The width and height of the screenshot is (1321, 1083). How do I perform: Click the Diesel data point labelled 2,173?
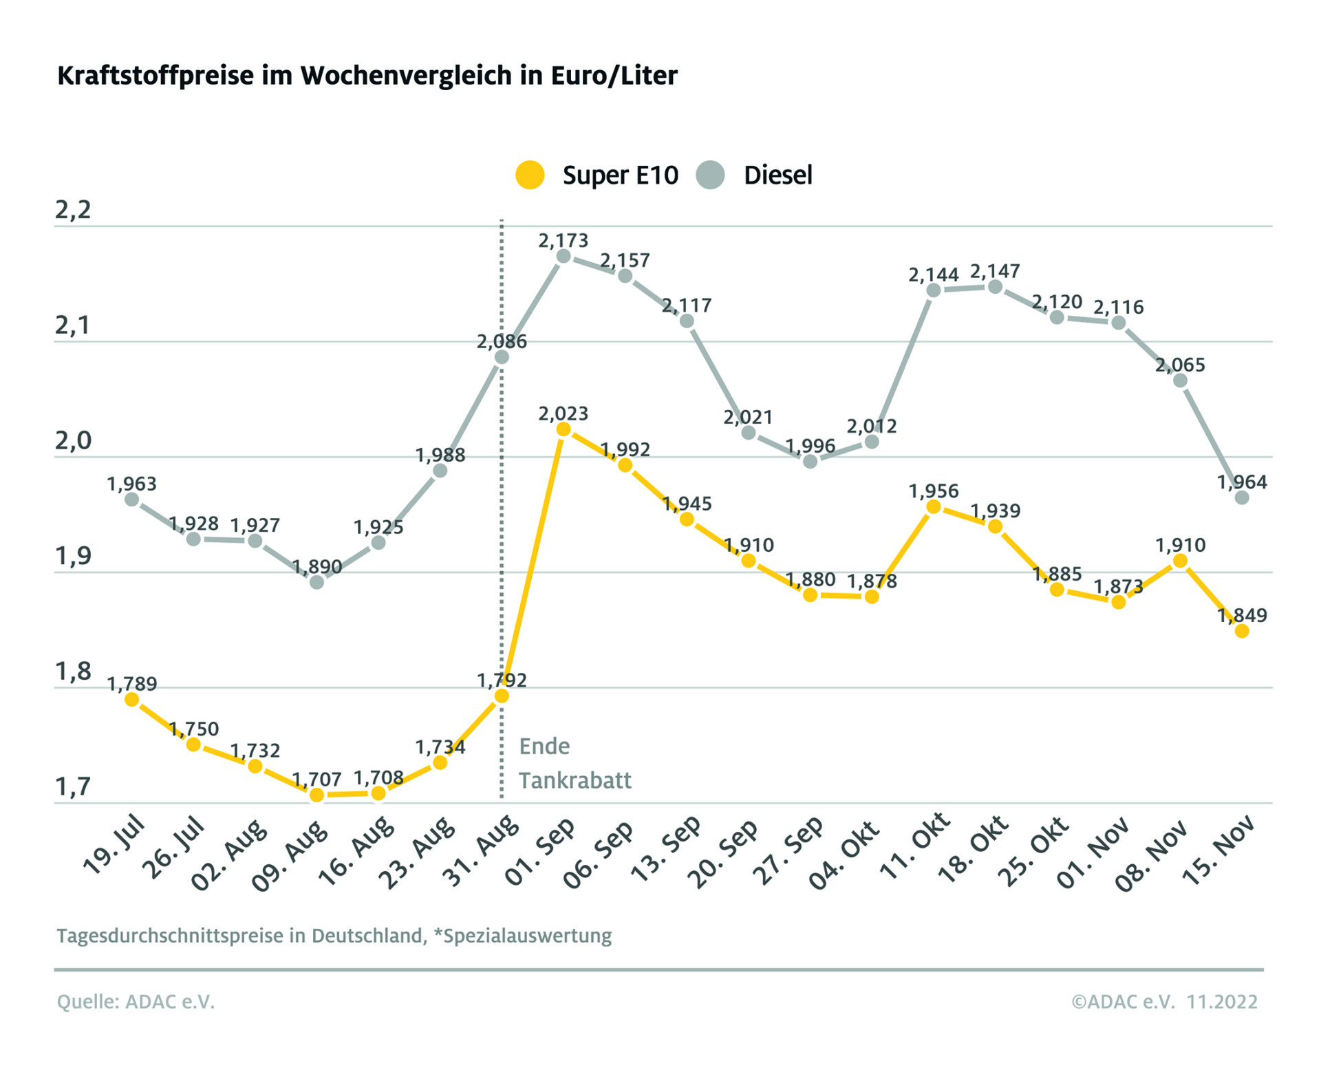[563, 257]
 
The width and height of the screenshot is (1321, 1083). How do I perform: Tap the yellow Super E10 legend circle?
[530, 175]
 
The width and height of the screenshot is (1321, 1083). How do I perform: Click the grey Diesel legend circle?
[710, 175]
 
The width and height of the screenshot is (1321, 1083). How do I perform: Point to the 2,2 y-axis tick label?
[73, 210]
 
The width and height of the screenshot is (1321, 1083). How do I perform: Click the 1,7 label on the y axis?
[73, 786]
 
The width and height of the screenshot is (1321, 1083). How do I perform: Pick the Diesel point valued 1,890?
[316, 582]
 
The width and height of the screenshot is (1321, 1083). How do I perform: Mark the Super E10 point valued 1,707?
[316, 795]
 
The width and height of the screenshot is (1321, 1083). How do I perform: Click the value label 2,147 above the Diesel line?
[995, 271]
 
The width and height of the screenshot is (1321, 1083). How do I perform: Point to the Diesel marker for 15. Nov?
[1242, 497]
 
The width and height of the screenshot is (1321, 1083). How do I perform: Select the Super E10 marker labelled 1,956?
[934, 507]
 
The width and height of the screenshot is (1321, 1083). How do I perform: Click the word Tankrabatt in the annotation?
[574, 780]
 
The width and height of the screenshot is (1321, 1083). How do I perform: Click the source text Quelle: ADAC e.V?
[136, 1002]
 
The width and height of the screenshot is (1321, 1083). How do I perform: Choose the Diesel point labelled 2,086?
[502, 357]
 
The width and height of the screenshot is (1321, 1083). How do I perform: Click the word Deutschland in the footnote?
[368, 936]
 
